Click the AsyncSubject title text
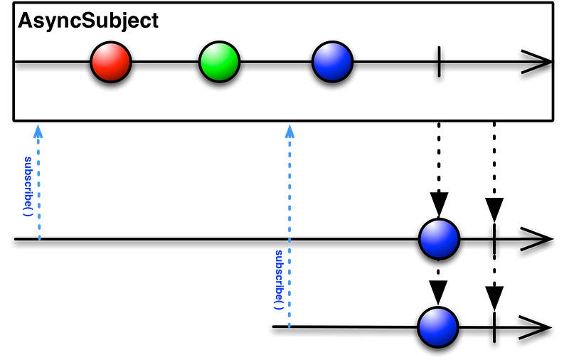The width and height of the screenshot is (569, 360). click(x=88, y=21)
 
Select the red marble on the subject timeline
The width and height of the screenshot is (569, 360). click(x=111, y=62)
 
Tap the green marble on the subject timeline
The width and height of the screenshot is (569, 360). click(x=219, y=62)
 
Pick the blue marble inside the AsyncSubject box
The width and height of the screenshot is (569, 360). click(x=332, y=62)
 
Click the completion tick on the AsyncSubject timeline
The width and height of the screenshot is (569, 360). click(x=439, y=62)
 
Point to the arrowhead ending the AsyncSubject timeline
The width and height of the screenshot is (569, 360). click(x=537, y=62)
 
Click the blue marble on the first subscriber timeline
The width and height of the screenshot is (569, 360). click(x=439, y=239)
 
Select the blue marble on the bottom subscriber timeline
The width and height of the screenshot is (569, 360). click(x=438, y=327)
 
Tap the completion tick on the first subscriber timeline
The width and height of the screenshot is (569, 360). click(x=494, y=239)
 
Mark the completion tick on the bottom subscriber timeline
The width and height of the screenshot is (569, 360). click(x=494, y=327)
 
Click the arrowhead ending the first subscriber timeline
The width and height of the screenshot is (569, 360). click(x=536, y=239)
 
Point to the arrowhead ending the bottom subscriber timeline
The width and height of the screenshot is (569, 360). click(x=536, y=327)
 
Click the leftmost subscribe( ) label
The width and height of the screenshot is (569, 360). click(x=28, y=186)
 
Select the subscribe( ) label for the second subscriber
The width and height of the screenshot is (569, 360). click(x=278, y=280)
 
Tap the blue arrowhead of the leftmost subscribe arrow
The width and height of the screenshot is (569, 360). click(x=38, y=132)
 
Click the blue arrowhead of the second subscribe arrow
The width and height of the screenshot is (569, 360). click(x=289, y=132)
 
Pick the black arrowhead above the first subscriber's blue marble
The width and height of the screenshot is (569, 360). click(x=439, y=205)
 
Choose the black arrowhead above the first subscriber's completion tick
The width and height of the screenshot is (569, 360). click(x=494, y=210)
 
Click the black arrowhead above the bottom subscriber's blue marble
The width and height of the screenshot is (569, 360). click(x=438, y=292)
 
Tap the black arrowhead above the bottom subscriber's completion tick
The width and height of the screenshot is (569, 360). click(x=494, y=298)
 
